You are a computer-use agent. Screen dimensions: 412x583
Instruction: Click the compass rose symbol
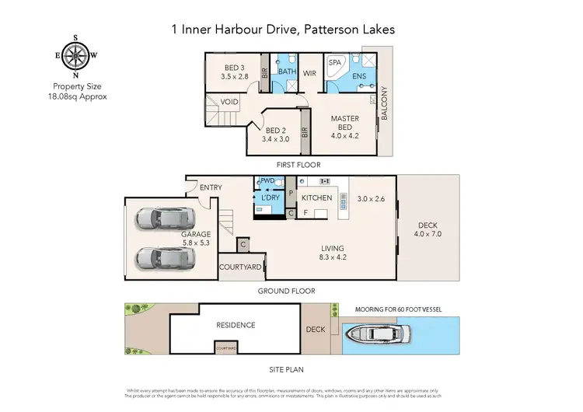click(75, 56)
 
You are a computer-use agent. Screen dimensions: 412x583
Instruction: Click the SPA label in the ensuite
click(335, 62)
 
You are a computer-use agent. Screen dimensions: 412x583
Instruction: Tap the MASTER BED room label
click(344, 123)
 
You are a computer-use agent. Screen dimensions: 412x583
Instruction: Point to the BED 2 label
click(276, 134)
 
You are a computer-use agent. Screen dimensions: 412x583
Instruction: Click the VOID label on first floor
click(229, 101)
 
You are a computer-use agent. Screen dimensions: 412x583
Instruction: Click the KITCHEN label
click(317, 198)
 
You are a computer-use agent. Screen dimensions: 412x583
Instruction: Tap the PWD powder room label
click(268, 181)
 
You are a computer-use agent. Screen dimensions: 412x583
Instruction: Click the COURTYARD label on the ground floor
click(241, 267)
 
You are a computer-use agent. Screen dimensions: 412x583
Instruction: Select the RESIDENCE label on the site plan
click(236, 325)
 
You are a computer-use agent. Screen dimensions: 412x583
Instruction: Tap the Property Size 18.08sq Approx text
click(75, 92)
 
